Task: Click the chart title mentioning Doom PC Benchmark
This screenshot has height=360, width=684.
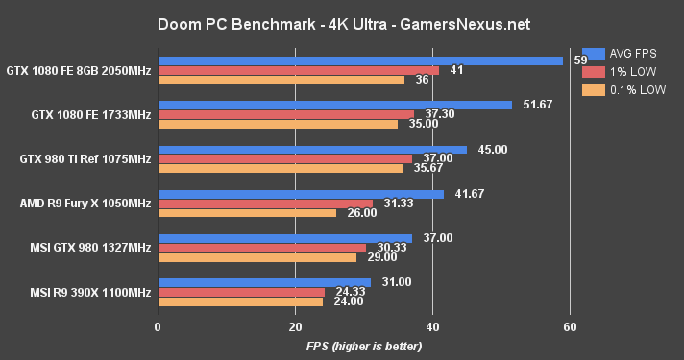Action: (x=343, y=22)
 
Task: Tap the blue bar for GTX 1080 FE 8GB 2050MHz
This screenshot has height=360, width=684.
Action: (x=360, y=60)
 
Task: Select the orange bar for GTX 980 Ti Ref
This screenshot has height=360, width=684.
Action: (x=280, y=168)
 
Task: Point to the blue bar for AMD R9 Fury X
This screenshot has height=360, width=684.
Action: (x=300, y=194)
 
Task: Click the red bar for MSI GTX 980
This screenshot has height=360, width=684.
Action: (x=261, y=248)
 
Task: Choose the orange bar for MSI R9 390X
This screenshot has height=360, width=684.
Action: (x=239, y=301)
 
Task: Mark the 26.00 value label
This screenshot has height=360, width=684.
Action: (x=359, y=212)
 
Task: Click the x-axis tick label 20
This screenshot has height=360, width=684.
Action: (x=295, y=325)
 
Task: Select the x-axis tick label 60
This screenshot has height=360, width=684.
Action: (x=570, y=325)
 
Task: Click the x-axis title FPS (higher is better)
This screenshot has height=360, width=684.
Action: (x=364, y=347)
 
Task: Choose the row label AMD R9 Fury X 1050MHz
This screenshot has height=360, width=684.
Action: (x=85, y=203)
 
